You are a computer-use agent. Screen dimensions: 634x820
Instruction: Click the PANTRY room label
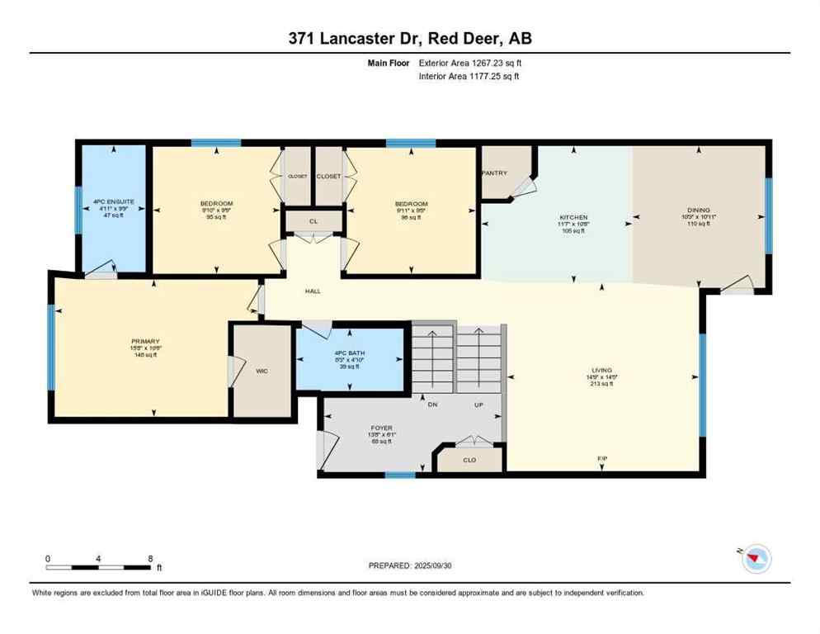pyautogui.click(x=496, y=173)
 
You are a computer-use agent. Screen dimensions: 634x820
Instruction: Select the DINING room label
pyautogui.click(x=698, y=210)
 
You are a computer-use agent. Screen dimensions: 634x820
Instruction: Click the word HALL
pyautogui.click(x=312, y=291)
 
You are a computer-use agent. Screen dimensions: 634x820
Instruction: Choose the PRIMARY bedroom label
pyautogui.click(x=144, y=341)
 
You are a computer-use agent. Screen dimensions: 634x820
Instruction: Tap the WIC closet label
pyautogui.click(x=262, y=371)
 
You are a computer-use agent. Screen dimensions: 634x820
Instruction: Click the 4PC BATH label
pyautogui.click(x=351, y=352)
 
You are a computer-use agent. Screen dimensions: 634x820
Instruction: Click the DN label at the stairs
pyautogui.click(x=432, y=405)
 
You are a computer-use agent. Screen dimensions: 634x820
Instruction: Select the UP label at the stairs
pyautogui.click(x=478, y=405)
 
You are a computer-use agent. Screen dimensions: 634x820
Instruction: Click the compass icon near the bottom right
pyautogui.click(x=755, y=560)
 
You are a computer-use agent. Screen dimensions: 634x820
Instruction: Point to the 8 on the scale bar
pyautogui.click(x=149, y=558)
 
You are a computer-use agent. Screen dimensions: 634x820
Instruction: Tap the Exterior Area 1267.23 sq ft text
pyautogui.click(x=469, y=62)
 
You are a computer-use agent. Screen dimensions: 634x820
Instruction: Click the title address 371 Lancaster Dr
pyautogui.click(x=363, y=39)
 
